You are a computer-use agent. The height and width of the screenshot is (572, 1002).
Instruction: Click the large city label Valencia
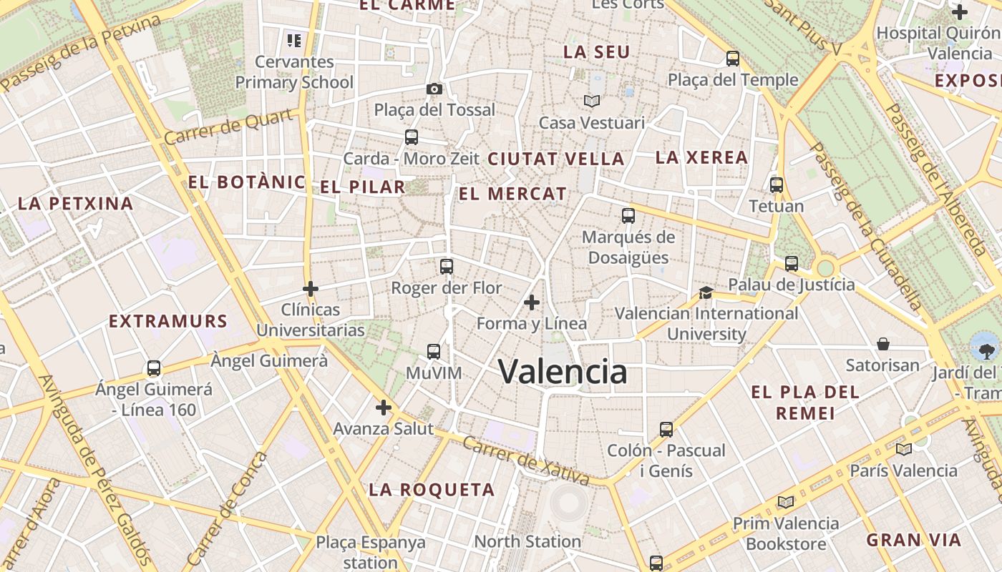pyautogui.click(x=563, y=372)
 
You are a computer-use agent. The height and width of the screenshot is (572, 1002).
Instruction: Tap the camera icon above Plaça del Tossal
pyautogui.click(x=434, y=89)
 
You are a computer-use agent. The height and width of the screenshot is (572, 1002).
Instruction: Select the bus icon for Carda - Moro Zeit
pyautogui.click(x=412, y=137)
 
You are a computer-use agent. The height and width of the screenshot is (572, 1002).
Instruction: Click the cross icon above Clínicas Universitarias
pyautogui.click(x=311, y=289)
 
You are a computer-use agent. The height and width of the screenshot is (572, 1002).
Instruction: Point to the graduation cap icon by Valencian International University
pyautogui.click(x=706, y=292)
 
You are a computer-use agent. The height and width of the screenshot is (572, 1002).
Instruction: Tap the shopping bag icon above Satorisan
pyautogui.click(x=883, y=344)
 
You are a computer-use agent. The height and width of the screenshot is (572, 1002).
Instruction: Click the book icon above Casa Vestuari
pyautogui.click(x=592, y=102)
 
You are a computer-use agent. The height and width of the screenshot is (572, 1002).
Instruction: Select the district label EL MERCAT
pyautogui.click(x=512, y=194)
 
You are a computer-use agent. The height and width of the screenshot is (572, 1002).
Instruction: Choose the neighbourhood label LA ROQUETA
pyautogui.click(x=432, y=490)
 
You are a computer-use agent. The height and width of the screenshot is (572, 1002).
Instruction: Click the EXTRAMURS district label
pyautogui.click(x=168, y=321)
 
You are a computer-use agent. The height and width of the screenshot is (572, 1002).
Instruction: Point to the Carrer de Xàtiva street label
pyautogui.click(x=526, y=460)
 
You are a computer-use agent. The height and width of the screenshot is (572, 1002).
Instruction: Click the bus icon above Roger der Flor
pyautogui.click(x=447, y=267)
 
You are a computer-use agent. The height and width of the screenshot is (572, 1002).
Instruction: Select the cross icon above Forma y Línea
pyautogui.click(x=532, y=302)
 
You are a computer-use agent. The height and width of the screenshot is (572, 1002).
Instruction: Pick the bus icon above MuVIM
pyautogui.click(x=434, y=351)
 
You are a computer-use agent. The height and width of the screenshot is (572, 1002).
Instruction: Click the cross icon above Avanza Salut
pyautogui.click(x=384, y=408)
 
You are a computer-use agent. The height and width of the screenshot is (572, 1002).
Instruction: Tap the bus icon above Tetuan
pyautogui.click(x=777, y=185)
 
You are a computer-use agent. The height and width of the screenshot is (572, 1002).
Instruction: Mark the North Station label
pyautogui.click(x=527, y=541)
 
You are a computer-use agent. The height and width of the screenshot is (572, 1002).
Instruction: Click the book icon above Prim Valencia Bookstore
pyautogui.click(x=786, y=502)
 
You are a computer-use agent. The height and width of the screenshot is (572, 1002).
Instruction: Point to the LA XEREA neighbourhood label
pyautogui.click(x=701, y=157)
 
